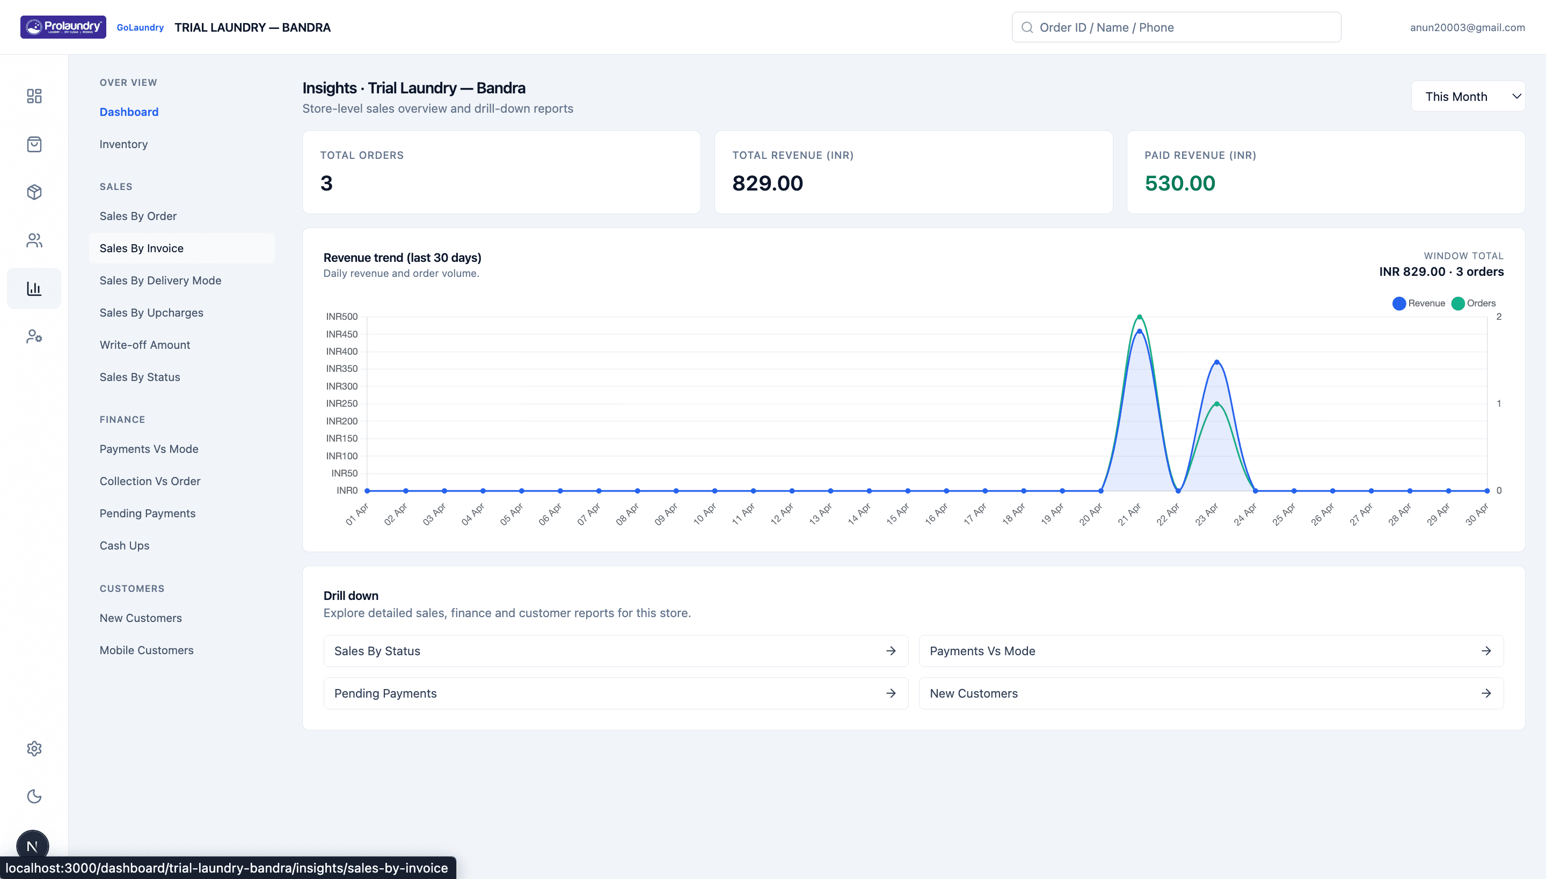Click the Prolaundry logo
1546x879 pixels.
click(x=63, y=27)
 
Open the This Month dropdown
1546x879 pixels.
click(x=1468, y=97)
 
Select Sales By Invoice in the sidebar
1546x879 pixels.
click(x=141, y=248)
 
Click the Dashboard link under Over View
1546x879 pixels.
click(x=129, y=112)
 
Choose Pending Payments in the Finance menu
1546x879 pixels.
click(x=147, y=513)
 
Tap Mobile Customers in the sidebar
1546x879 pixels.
click(x=146, y=650)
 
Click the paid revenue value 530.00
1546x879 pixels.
click(x=1179, y=183)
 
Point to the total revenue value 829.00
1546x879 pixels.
click(x=767, y=183)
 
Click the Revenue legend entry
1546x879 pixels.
click(x=1419, y=303)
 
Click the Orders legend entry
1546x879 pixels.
click(x=1474, y=303)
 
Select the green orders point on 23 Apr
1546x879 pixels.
click(x=1217, y=404)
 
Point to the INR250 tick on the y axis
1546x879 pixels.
click(x=342, y=404)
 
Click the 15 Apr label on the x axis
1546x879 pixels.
click(x=898, y=514)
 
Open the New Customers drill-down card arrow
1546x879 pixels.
click(x=1486, y=693)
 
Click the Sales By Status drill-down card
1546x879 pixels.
click(x=615, y=651)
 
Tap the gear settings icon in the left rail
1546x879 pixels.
click(x=34, y=749)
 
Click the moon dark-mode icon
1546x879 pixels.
click(x=34, y=796)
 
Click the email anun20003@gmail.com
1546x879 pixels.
click(x=1467, y=27)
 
